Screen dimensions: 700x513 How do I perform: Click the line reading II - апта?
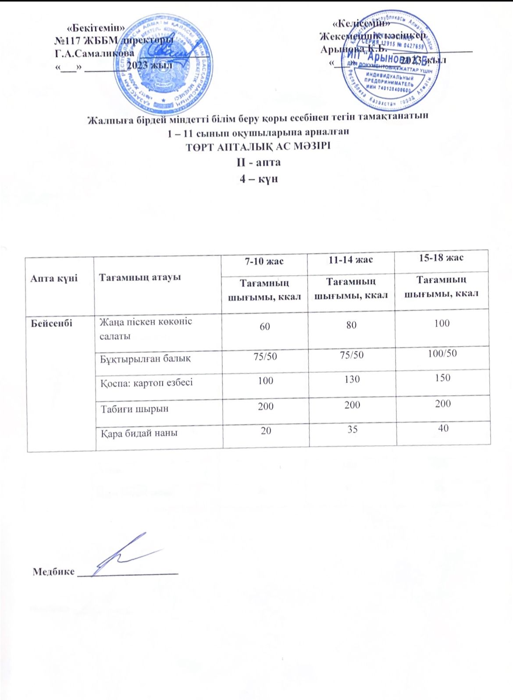tap(258, 163)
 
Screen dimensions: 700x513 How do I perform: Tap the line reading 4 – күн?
tap(257, 179)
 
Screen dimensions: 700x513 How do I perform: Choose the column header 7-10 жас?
tap(264, 261)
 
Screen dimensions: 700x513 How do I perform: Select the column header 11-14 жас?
tap(351, 259)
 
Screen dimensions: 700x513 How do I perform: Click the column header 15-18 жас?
tap(441, 258)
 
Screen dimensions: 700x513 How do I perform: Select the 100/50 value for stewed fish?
tap(442, 353)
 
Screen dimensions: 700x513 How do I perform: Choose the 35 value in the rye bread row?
tap(352, 430)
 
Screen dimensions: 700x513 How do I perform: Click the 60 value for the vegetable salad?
tap(265, 326)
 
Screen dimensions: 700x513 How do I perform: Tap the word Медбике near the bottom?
tap(53, 571)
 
